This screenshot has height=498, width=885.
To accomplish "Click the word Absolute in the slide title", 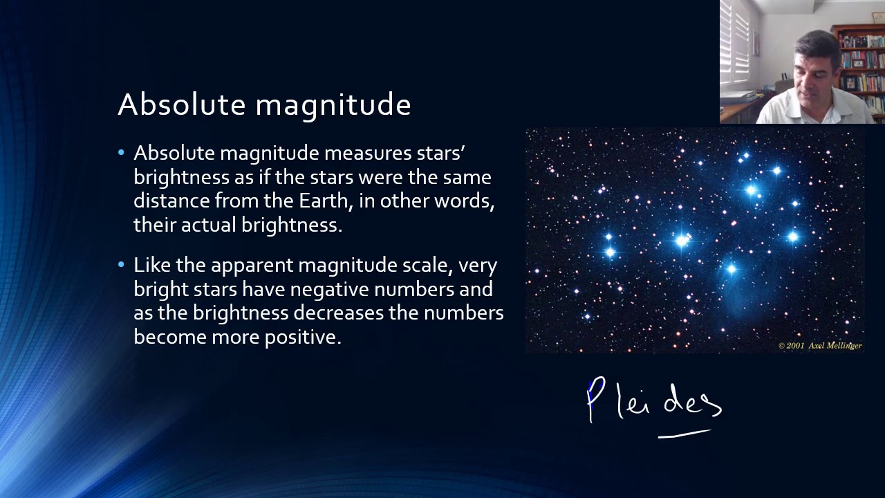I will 182,105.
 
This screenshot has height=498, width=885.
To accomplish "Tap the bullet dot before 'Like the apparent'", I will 122,265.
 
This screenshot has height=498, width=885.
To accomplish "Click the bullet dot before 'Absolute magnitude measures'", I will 122,152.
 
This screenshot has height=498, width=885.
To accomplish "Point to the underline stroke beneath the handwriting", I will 684,434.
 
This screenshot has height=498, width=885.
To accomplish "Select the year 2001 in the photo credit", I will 795,345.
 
